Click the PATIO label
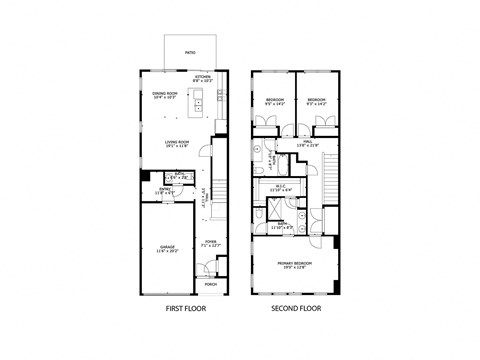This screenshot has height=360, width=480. point(190,52)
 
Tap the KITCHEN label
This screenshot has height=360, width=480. point(203,75)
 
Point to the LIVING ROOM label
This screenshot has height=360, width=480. point(179,141)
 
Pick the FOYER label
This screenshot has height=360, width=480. point(211,241)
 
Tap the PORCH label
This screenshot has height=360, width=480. point(210,284)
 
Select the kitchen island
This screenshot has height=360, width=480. point(199,100)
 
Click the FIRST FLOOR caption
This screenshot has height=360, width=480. point(186,309)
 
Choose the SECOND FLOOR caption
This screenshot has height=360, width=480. point(294,309)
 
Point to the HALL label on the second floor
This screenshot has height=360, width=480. point(309,141)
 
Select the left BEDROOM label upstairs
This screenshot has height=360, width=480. point(275,99)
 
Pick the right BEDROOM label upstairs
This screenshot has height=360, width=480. point(316,99)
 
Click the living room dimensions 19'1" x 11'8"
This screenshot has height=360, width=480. point(179,146)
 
